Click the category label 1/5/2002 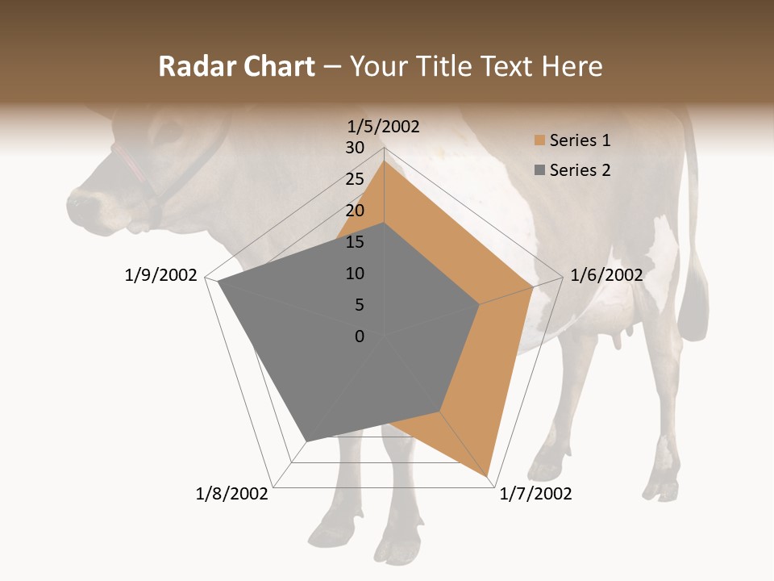[383, 126]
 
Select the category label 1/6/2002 [606, 275]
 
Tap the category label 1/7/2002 [535, 494]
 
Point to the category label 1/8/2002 [232, 494]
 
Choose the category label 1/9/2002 [160, 275]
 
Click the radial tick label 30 [355, 148]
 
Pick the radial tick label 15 [355, 242]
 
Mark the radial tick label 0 [360, 336]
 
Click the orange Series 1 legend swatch [539, 141]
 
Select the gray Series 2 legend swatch [539, 170]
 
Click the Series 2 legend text [580, 170]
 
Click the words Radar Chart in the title [236, 66]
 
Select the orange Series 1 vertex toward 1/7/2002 [489, 475]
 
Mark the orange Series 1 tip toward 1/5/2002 [384, 162]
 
